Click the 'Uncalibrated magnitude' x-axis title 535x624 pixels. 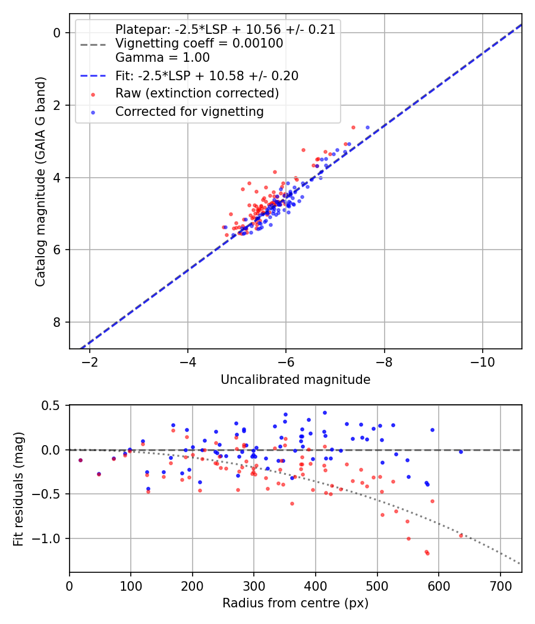[x=295, y=380]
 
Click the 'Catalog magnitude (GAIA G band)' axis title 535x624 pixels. [x=40, y=181]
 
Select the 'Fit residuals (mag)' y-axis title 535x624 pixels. [x=18, y=488]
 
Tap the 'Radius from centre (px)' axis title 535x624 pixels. [x=295, y=603]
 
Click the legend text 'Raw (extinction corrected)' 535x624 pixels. [x=197, y=93]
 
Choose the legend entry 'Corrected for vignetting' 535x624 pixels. [x=189, y=111]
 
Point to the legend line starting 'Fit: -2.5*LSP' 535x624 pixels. [x=206, y=75]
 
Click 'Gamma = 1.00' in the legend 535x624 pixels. [x=162, y=58]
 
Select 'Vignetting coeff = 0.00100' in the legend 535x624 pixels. [x=199, y=43]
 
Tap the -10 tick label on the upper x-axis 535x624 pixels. [x=482, y=362]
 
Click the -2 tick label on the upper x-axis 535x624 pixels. [x=90, y=362]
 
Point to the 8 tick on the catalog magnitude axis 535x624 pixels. [x=58, y=322]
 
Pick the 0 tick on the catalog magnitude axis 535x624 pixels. [x=58, y=33]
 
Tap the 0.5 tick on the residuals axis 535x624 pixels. [x=53, y=406]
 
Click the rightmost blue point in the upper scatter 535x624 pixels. [x=367, y=127]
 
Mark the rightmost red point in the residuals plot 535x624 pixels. [x=461, y=535]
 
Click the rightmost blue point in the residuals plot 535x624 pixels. [x=461, y=452]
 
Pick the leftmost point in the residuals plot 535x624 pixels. [x=80, y=460]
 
